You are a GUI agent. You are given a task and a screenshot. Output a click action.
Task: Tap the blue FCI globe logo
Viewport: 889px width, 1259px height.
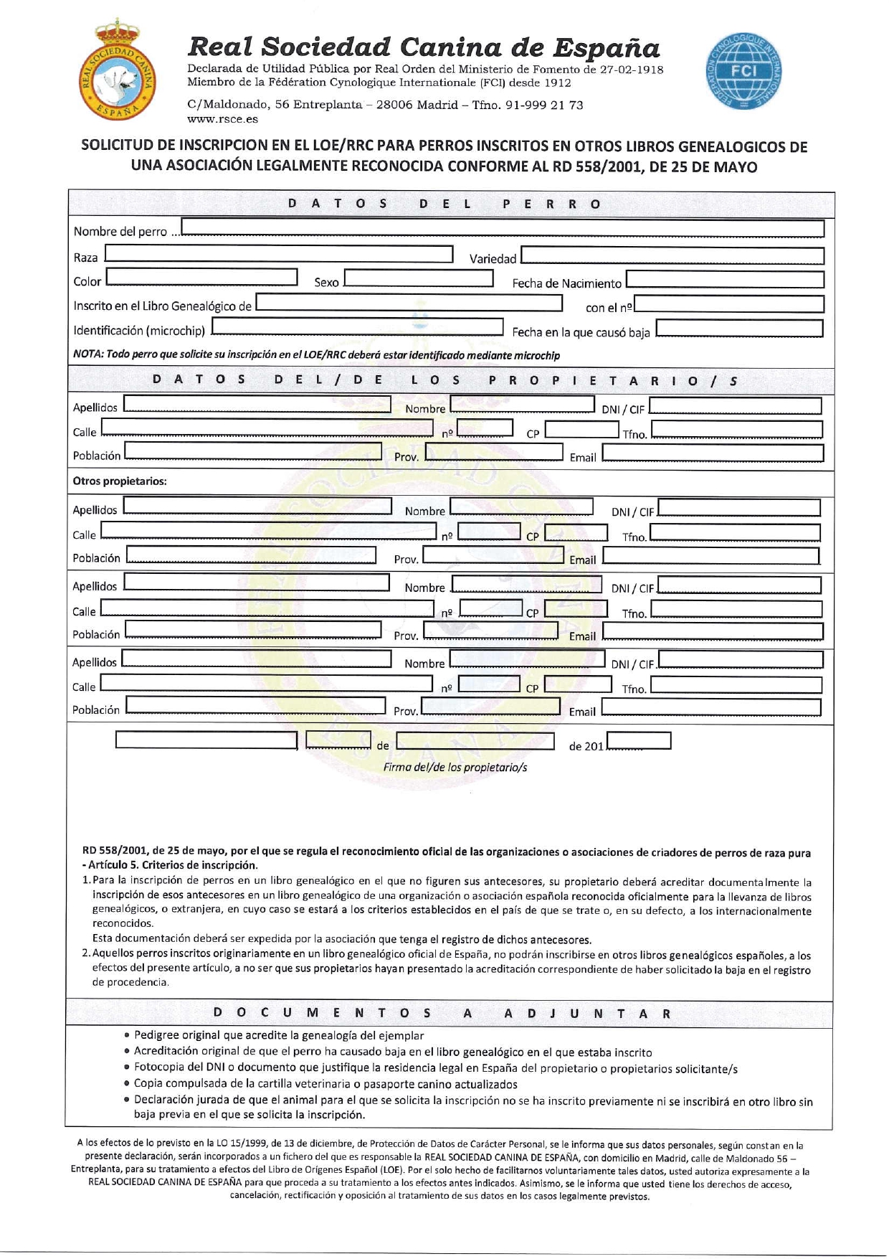743,70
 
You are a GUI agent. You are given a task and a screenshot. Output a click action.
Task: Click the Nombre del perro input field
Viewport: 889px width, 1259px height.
502,228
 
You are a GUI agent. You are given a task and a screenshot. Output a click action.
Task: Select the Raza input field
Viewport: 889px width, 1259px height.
279,254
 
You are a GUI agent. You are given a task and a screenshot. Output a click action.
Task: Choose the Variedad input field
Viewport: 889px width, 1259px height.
672,256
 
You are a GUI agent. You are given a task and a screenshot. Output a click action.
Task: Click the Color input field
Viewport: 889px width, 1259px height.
201,277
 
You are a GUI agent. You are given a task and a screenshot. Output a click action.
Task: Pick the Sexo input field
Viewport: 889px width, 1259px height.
418,278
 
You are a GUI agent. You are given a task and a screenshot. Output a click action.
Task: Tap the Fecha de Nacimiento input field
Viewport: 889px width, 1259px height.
724,280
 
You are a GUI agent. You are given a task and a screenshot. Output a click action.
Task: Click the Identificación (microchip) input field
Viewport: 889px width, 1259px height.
357,327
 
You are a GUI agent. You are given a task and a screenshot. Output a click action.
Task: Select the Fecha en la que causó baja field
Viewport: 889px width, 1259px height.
739,329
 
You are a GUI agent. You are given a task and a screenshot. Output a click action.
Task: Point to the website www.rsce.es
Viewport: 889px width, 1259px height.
222,119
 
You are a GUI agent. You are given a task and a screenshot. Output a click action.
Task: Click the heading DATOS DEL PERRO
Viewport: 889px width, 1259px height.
444,204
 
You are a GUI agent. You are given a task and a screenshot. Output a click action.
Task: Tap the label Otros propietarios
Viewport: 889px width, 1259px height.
120,481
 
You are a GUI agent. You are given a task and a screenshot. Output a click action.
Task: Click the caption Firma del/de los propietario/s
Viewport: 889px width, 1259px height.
455,767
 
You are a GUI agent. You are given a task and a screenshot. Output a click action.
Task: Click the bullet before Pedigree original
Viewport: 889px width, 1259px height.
127,1035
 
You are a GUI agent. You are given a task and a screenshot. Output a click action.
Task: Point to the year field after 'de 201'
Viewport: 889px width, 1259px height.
638,740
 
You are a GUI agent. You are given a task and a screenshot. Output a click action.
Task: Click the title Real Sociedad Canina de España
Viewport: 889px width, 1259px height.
423,47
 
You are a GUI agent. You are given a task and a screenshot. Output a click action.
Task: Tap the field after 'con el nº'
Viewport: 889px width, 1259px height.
728,304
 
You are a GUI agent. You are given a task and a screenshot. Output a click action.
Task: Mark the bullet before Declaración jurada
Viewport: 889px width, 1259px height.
127,1100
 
